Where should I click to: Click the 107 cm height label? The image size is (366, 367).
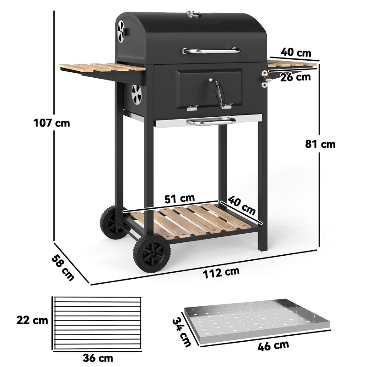pyautogui.click(x=51, y=123)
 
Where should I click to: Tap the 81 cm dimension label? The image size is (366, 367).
pyautogui.click(x=320, y=144)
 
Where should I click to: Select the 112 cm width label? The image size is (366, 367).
pyautogui.click(x=221, y=273)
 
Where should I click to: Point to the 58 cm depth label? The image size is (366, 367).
pyautogui.click(x=62, y=268)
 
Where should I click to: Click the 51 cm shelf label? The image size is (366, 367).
pyautogui.click(x=180, y=199)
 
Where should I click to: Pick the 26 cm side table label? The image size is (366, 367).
pyautogui.click(x=295, y=77)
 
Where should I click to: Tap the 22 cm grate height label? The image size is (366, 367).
pyautogui.click(x=32, y=320)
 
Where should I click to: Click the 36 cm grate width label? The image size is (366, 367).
pyautogui.click(x=98, y=358)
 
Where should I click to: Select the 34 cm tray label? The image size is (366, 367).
pyautogui.click(x=181, y=332)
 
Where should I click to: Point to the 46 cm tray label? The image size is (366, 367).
pyautogui.click(x=273, y=346)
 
